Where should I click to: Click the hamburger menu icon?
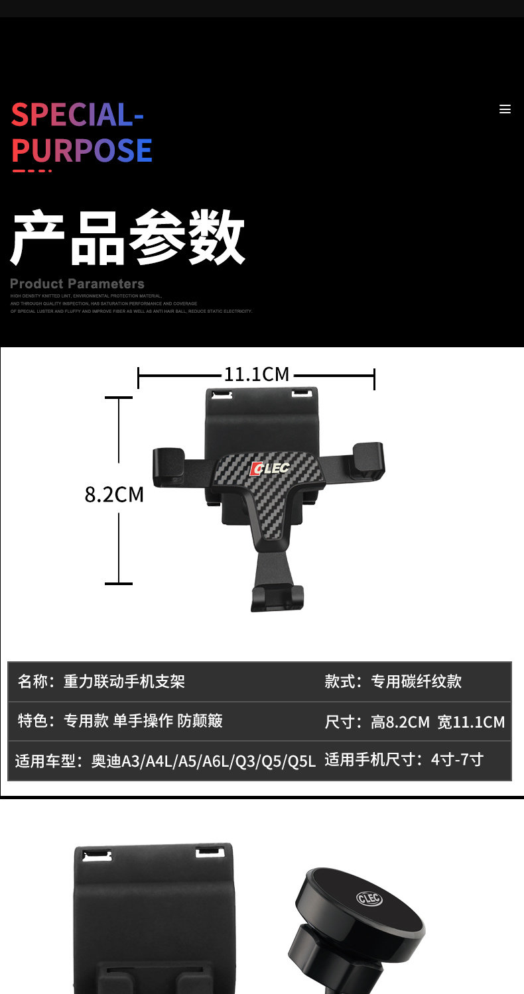[505, 109]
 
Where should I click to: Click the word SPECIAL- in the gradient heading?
[78, 115]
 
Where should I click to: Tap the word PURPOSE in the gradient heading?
[82, 150]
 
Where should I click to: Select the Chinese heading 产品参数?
[127, 238]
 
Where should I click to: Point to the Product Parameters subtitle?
[77, 284]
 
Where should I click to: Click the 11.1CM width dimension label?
[256, 374]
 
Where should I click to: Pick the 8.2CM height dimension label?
[114, 494]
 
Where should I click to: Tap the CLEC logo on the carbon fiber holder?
[269, 469]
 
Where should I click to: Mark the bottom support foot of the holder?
[277, 596]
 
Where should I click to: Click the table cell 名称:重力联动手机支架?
[101, 681]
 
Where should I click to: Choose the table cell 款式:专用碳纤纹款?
[393, 681]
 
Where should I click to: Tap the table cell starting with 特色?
[120, 721]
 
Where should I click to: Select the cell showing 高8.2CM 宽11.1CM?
[415, 722]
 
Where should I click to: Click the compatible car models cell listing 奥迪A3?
[165, 761]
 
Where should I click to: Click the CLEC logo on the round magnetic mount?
[369, 899]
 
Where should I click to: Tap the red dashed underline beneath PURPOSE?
[32, 171]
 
